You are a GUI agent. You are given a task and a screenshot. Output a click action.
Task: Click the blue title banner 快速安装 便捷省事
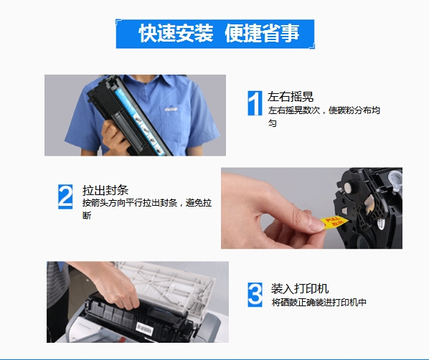(x=215, y=34)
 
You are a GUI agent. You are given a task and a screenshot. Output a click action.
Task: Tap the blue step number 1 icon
(x=255, y=103)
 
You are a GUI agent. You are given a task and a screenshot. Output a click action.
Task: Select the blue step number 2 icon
(x=65, y=196)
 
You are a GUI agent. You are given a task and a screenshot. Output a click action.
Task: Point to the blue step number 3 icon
(x=255, y=295)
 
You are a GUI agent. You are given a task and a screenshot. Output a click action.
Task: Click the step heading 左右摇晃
(x=291, y=97)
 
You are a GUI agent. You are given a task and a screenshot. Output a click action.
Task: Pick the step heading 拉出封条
(x=105, y=190)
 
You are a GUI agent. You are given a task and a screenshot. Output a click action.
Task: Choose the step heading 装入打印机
(x=300, y=288)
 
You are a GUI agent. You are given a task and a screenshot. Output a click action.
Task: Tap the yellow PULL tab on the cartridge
(x=334, y=222)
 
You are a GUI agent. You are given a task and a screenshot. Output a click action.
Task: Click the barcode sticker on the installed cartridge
(x=144, y=328)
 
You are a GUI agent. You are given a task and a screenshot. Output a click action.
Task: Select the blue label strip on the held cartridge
(x=139, y=121)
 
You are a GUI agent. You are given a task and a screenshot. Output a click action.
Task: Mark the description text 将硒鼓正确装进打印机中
(x=319, y=303)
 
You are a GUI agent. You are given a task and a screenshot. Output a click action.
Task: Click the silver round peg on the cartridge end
(x=348, y=188)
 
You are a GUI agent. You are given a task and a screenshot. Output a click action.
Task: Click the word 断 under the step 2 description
(x=87, y=216)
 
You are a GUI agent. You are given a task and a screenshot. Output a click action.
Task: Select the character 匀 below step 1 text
(x=272, y=123)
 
